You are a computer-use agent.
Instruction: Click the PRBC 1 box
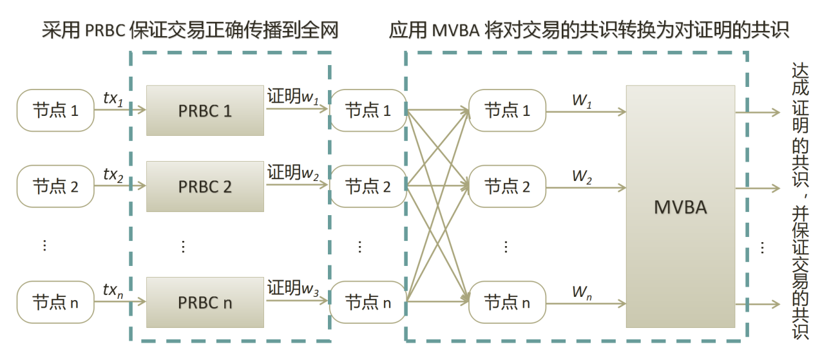[205, 111]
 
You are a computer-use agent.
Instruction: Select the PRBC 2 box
[205, 187]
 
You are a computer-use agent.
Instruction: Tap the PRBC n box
[205, 302]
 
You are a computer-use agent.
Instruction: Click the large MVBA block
[680, 207]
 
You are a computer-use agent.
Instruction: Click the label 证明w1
[293, 97]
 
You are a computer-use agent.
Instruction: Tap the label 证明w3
[293, 288]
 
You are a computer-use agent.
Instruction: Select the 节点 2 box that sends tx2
[55, 187]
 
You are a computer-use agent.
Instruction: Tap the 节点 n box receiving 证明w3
[368, 302]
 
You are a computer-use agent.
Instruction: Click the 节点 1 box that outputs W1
[507, 111]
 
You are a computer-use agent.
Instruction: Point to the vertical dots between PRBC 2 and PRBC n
[183, 246]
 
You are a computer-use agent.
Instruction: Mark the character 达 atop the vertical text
[799, 71]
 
